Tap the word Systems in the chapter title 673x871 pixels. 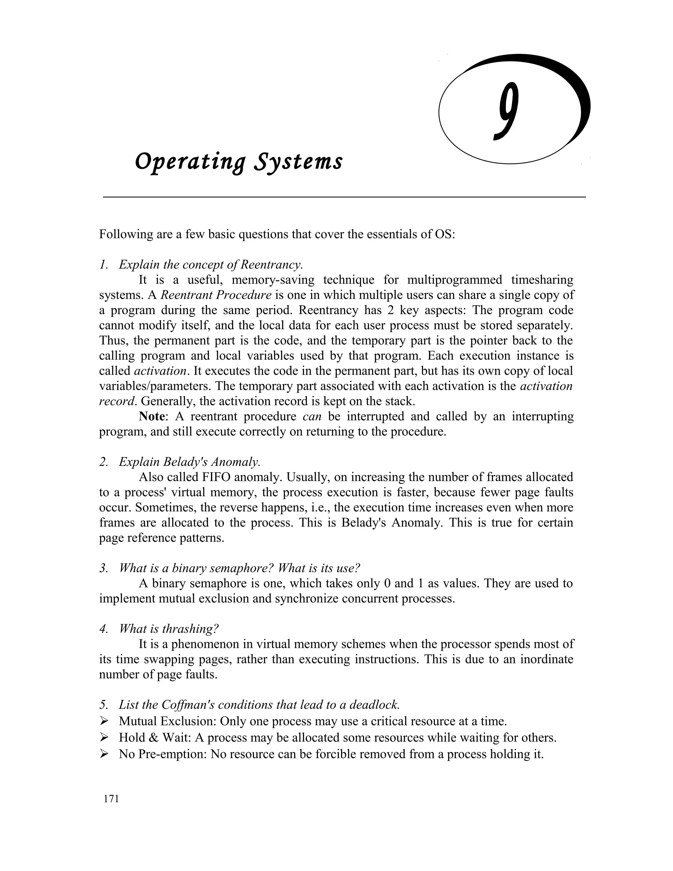(x=298, y=162)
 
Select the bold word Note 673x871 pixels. (x=151, y=416)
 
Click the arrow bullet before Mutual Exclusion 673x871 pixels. (x=104, y=721)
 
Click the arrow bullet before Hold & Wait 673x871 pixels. (x=104, y=738)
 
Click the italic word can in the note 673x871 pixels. (x=312, y=416)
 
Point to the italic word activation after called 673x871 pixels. (x=160, y=371)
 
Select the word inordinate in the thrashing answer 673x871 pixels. (x=546, y=659)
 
